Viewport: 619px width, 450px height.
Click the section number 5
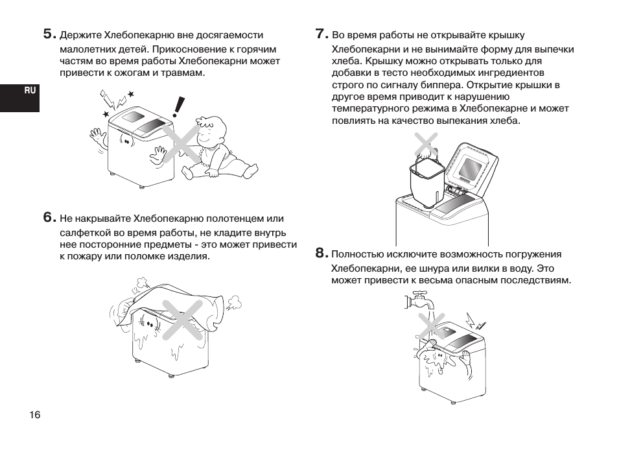coord(49,34)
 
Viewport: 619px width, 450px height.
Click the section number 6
coord(49,218)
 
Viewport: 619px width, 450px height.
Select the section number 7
coord(320,34)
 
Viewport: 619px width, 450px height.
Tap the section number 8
coord(320,253)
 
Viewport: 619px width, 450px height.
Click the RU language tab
coord(30,91)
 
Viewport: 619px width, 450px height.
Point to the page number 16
coord(34,415)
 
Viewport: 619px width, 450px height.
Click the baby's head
coord(213,132)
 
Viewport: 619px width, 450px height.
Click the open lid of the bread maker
coord(471,167)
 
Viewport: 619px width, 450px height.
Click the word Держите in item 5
coord(80,35)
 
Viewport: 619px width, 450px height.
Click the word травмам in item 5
coord(184,73)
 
